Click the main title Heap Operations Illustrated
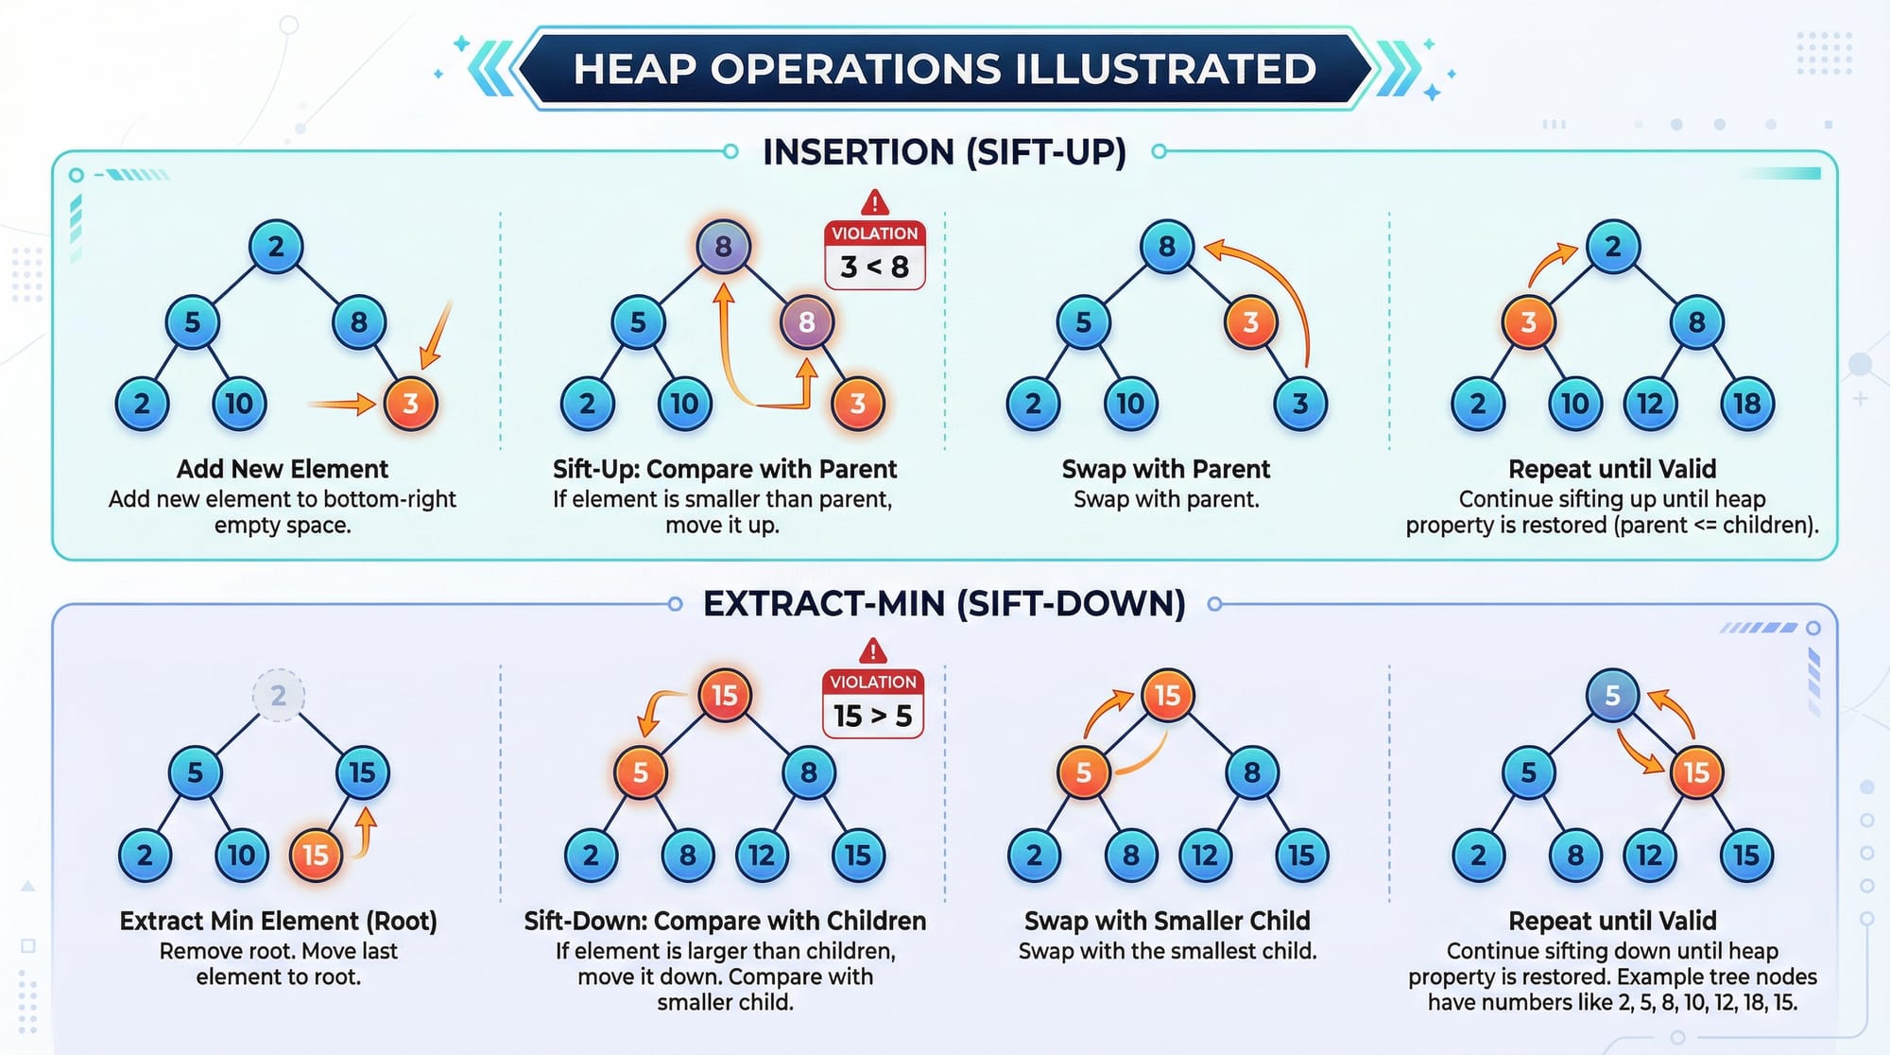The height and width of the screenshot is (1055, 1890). tap(944, 69)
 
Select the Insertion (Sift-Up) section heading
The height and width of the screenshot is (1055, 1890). tap(944, 152)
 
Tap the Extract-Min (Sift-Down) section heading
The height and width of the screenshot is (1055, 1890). tap(944, 604)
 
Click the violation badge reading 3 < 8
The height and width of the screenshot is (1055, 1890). tap(874, 255)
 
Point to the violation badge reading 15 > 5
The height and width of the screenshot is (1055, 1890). tap(873, 704)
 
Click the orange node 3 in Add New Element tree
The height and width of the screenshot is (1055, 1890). tap(410, 404)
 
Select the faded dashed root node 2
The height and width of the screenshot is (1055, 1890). tap(278, 696)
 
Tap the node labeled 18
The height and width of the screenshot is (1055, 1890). tap(1746, 404)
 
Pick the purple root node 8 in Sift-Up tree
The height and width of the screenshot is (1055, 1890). tap(723, 247)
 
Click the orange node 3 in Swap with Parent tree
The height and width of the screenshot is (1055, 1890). tap(1250, 322)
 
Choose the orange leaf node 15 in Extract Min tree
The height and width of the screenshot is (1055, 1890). tap(315, 855)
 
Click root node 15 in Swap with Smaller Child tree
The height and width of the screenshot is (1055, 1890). tap(1167, 696)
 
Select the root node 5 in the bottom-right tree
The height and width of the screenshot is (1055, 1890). tap(1612, 696)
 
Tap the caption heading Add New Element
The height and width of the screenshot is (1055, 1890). tap(283, 469)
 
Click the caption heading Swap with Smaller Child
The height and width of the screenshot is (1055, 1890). tap(1167, 921)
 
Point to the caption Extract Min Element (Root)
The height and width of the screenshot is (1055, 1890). tap(278, 921)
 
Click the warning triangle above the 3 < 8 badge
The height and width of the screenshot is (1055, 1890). tap(874, 202)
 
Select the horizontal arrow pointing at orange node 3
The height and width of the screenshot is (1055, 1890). tap(342, 405)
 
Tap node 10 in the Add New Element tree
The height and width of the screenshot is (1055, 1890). tap(238, 404)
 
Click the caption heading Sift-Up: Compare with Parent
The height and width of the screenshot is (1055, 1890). tap(725, 469)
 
